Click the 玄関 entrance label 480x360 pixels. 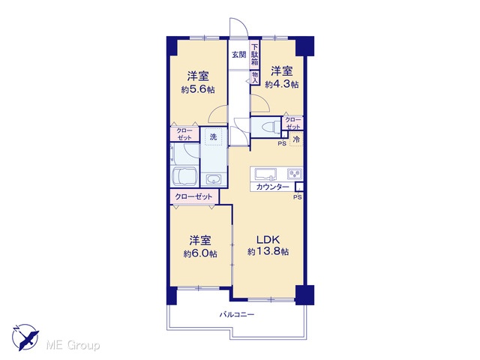(x=238, y=55)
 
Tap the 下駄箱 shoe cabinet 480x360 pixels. (x=255, y=55)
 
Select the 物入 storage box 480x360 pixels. (x=255, y=77)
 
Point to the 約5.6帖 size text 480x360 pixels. (x=198, y=90)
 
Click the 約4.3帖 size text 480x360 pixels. (x=282, y=84)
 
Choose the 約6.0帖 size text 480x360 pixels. (x=200, y=253)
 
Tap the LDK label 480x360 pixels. (x=268, y=240)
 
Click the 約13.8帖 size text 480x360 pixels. (x=268, y=252)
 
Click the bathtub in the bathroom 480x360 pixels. (x=184, y=176)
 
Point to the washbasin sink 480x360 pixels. (x=213, y=178)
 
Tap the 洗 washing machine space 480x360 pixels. (x=213, y=136)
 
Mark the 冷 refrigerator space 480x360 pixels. (x=296, y=139)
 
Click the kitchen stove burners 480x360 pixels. (x=295, y=174)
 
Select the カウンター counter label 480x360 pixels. (x=272, y=187)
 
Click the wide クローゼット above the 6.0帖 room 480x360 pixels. (x=194, y=196)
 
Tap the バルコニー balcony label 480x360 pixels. (x=237, y=314)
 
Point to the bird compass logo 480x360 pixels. (x=25, y=337)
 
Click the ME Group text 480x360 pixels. (x=73, y=346)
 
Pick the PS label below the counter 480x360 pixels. (x=298, y=197)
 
